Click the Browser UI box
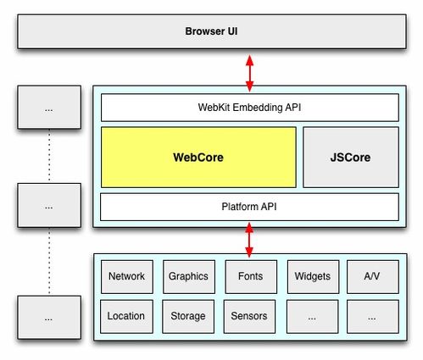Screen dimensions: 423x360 pos(212,31)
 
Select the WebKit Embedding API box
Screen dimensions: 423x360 pos(250,108)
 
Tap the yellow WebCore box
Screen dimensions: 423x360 pos(198,157)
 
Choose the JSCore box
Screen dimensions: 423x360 pos(351,157)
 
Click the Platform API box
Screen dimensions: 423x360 pos(249,207)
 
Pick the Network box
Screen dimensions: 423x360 pos(127,277)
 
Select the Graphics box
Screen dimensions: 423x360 pos(189,277)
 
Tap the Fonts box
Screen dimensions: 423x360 pos(251,277)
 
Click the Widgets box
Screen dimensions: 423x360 pos(313,277)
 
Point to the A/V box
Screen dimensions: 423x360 pos(373,277)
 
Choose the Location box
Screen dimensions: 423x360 pos(126,317)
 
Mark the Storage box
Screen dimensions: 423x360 pos(188,317)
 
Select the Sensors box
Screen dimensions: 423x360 pos(249,317)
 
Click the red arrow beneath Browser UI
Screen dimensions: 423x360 pos(249,74)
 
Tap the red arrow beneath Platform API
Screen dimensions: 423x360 pos(249,240)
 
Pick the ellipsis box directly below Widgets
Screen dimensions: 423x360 pos(313,317)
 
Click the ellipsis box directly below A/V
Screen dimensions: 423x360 pos(373,317)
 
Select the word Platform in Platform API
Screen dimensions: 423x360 pos(240,207)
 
